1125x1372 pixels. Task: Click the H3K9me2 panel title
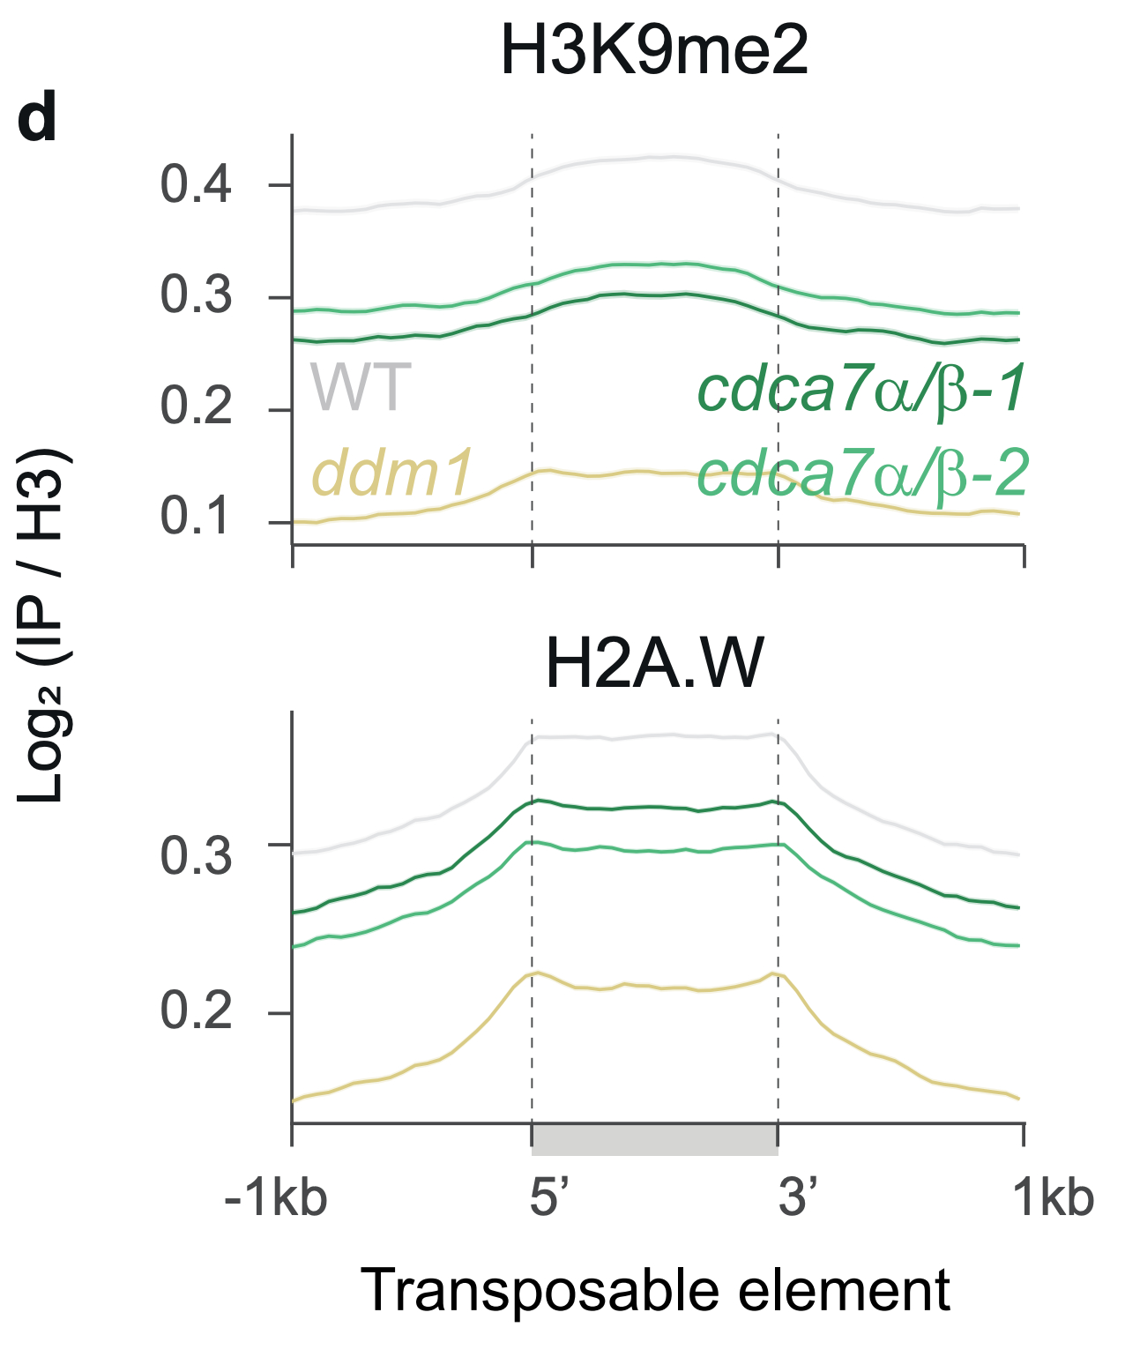click(x=654, y=51)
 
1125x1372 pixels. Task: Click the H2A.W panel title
click(x=654, y=663)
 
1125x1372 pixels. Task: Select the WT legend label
click(x=360, y=387)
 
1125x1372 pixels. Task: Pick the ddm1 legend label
click(x=393, y=472)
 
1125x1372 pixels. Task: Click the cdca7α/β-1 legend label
click(x=861, y=389)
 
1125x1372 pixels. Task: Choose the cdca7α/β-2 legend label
click(x=862, y=473)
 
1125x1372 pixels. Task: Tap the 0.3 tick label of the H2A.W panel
click(x=196, y=854)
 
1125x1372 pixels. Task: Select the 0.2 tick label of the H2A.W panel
click(x=196, y=1010)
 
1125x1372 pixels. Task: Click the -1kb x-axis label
click(x=276, y=1198)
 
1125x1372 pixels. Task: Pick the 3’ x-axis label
click(x=798, y=1198)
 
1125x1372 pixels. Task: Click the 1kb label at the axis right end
click(x=1053, y=1198)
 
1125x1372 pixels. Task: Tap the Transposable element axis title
click(x=654, y=1292)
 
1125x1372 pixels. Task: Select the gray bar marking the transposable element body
click(x=654, y=1139)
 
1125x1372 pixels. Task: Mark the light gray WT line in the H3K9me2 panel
click(x=654, y=159)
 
